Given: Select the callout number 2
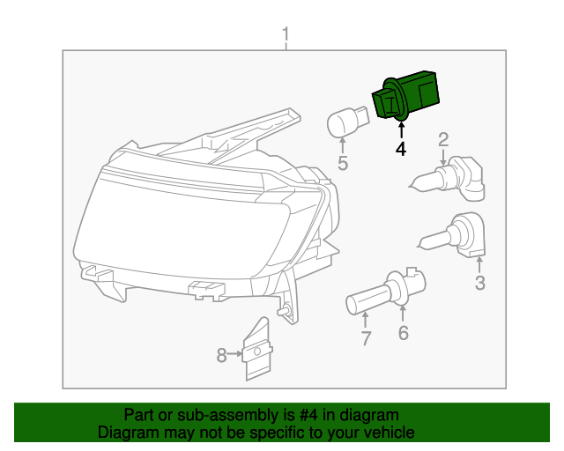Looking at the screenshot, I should (443, 138).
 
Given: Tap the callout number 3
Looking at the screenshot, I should (480, 283).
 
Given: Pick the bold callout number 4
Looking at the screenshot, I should (401, 150).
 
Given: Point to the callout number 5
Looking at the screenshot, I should (343, 162).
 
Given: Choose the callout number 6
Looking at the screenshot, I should (404, 332).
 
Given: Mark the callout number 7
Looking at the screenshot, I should (365, 337).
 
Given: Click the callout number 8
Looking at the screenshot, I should (221, 355).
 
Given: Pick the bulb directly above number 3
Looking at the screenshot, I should (456, 236).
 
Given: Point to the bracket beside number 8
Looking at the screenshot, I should (256, 350).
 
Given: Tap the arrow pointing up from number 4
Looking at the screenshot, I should (401, 130).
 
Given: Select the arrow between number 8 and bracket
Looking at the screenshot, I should (235, 355).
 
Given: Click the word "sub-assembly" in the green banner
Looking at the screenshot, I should (195, 415).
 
